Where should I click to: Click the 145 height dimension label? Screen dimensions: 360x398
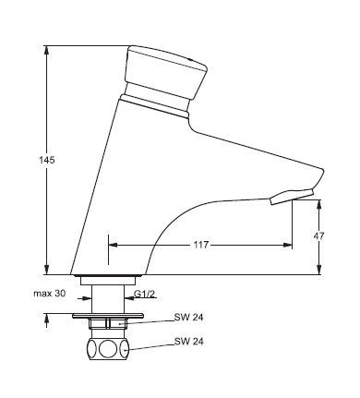click(x=47, y=160)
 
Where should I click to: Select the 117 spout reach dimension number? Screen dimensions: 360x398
click(x=201, y=245)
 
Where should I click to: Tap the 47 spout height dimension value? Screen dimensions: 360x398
click(x=318, y=236)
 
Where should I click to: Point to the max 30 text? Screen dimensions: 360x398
click(x=50, y=294)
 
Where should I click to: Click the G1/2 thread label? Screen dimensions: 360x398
click(x=144, y=294)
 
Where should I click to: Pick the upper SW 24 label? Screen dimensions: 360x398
click(x=189, y=318)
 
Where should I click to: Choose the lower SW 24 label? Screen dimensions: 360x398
click(x=189, y=341)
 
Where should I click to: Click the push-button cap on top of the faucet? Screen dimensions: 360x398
click(x=166, y=71)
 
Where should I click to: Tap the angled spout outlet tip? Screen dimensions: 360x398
click(x=292, y=197)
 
